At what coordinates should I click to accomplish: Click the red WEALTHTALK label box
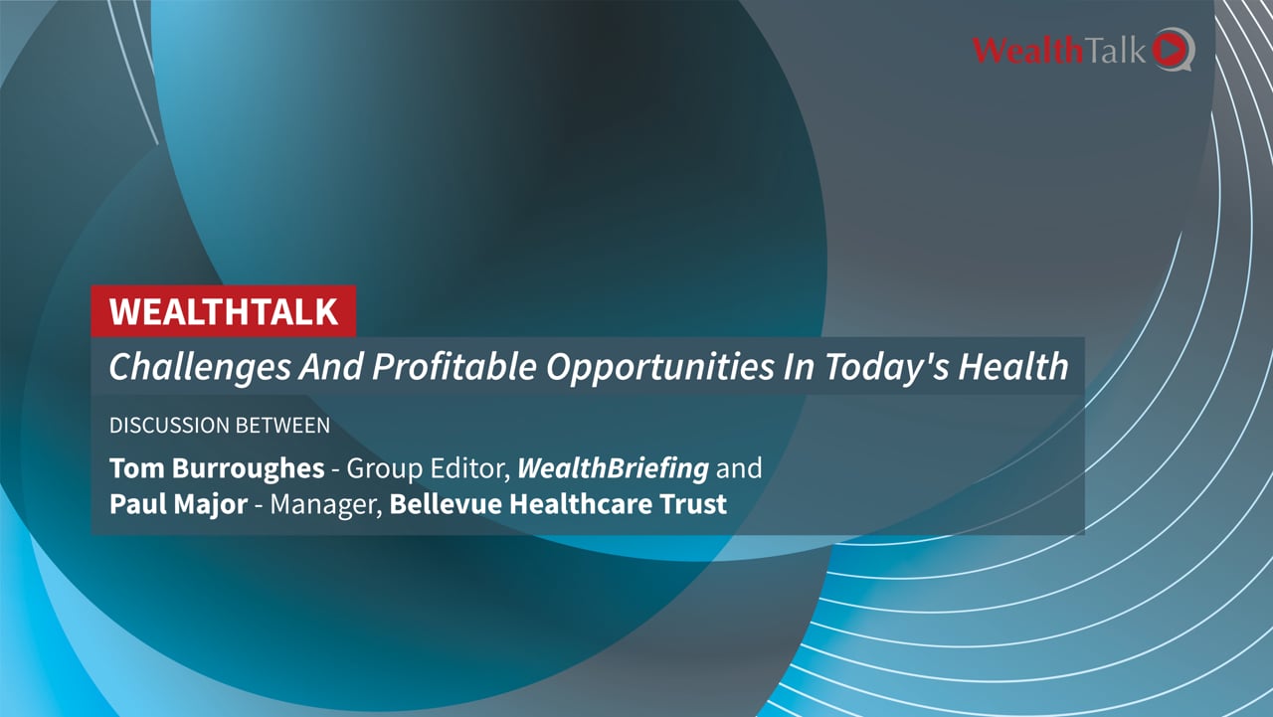(223, 311)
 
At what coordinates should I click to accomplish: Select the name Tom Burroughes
(218, 467)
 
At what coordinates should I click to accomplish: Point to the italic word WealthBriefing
(613, 467)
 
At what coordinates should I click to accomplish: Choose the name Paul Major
(178, 504)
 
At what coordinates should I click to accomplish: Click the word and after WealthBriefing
(739, 467)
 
